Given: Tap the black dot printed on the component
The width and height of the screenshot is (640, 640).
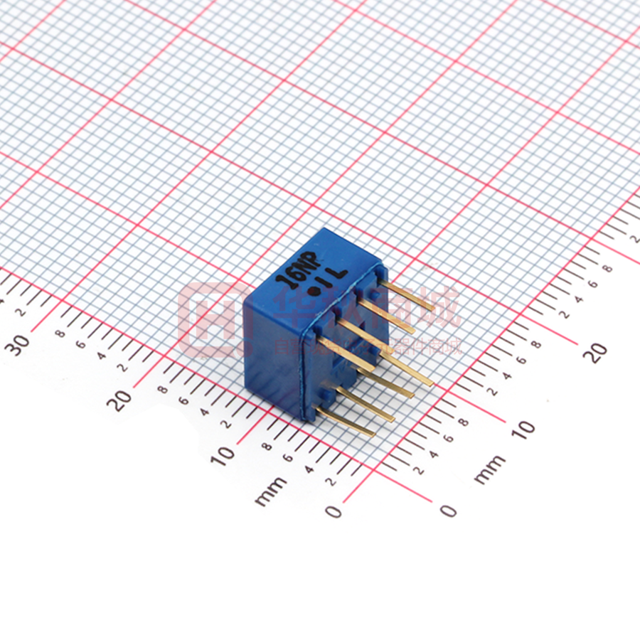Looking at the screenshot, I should [x=313, y=290].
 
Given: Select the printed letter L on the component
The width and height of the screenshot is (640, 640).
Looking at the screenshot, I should [x=339, y=272].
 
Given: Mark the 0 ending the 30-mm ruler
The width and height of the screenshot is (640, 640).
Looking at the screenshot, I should [x=334, y=511].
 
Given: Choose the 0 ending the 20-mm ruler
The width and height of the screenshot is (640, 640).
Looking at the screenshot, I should [x=447, y=510].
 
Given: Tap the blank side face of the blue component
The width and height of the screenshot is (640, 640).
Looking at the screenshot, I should [x=274, y=356].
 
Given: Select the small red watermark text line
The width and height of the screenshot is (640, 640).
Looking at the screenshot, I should [x=370, y=348].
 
